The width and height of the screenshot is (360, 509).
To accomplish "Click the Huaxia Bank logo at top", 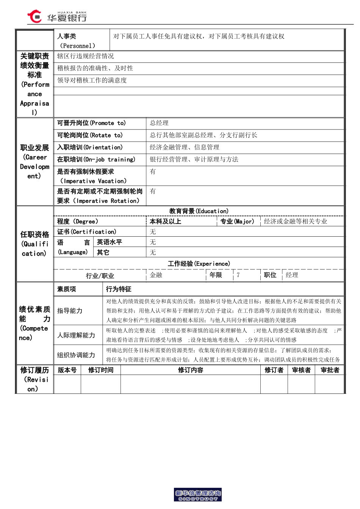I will tap(57, 17).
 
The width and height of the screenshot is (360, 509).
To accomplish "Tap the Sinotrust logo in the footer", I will tap(197, 495).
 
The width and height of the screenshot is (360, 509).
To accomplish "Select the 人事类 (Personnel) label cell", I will tap(81, 41).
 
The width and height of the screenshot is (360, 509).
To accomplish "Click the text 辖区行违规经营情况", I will tap(86, 56).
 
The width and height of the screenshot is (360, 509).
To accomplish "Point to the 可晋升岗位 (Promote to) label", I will tap(91, 123).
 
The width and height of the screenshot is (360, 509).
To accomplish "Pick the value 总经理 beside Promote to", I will tap(159, 123).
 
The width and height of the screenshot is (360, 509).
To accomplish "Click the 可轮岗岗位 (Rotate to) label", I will tap(90, 135).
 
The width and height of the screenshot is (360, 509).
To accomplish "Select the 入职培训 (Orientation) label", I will tap(90, 147).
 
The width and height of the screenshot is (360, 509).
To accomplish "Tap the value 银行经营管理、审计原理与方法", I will tap(194, 159).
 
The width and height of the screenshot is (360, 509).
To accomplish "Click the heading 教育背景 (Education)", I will tap(199, 211).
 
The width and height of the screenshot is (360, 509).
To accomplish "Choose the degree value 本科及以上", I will tap(166, 222).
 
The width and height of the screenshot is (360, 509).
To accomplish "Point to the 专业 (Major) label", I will tap(237, 222).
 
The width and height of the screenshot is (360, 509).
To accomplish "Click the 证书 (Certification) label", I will tap(87, 232).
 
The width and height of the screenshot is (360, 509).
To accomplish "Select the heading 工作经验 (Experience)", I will tap(199, 264).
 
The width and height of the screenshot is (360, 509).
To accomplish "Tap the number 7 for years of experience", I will tap(238, 275).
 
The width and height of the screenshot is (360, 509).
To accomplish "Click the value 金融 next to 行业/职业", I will tap(156, 275).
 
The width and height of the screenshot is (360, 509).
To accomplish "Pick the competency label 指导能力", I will tap(70, 311).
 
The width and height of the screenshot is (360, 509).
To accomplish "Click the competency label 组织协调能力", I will tap(76, 355).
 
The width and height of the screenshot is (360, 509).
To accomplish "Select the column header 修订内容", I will tap(191, 370).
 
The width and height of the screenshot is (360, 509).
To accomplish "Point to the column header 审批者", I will tap(330, 370).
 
